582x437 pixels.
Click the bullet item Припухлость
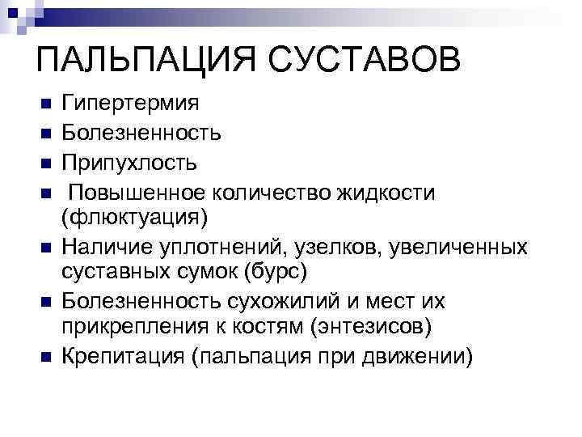[129, 163]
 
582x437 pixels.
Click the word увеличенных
[460, 247]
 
